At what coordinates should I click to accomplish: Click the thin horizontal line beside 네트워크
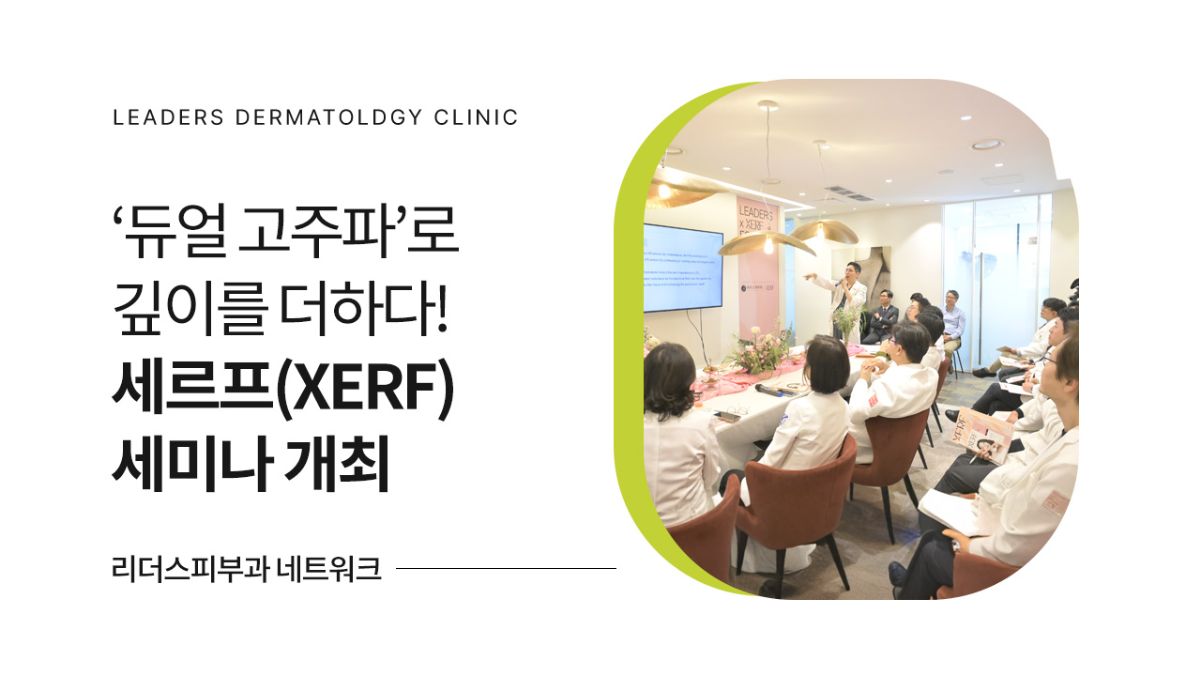[x=507, y=568]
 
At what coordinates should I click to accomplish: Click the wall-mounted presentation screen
[x=682, y=268]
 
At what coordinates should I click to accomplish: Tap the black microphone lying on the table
[x=769, y=388]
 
